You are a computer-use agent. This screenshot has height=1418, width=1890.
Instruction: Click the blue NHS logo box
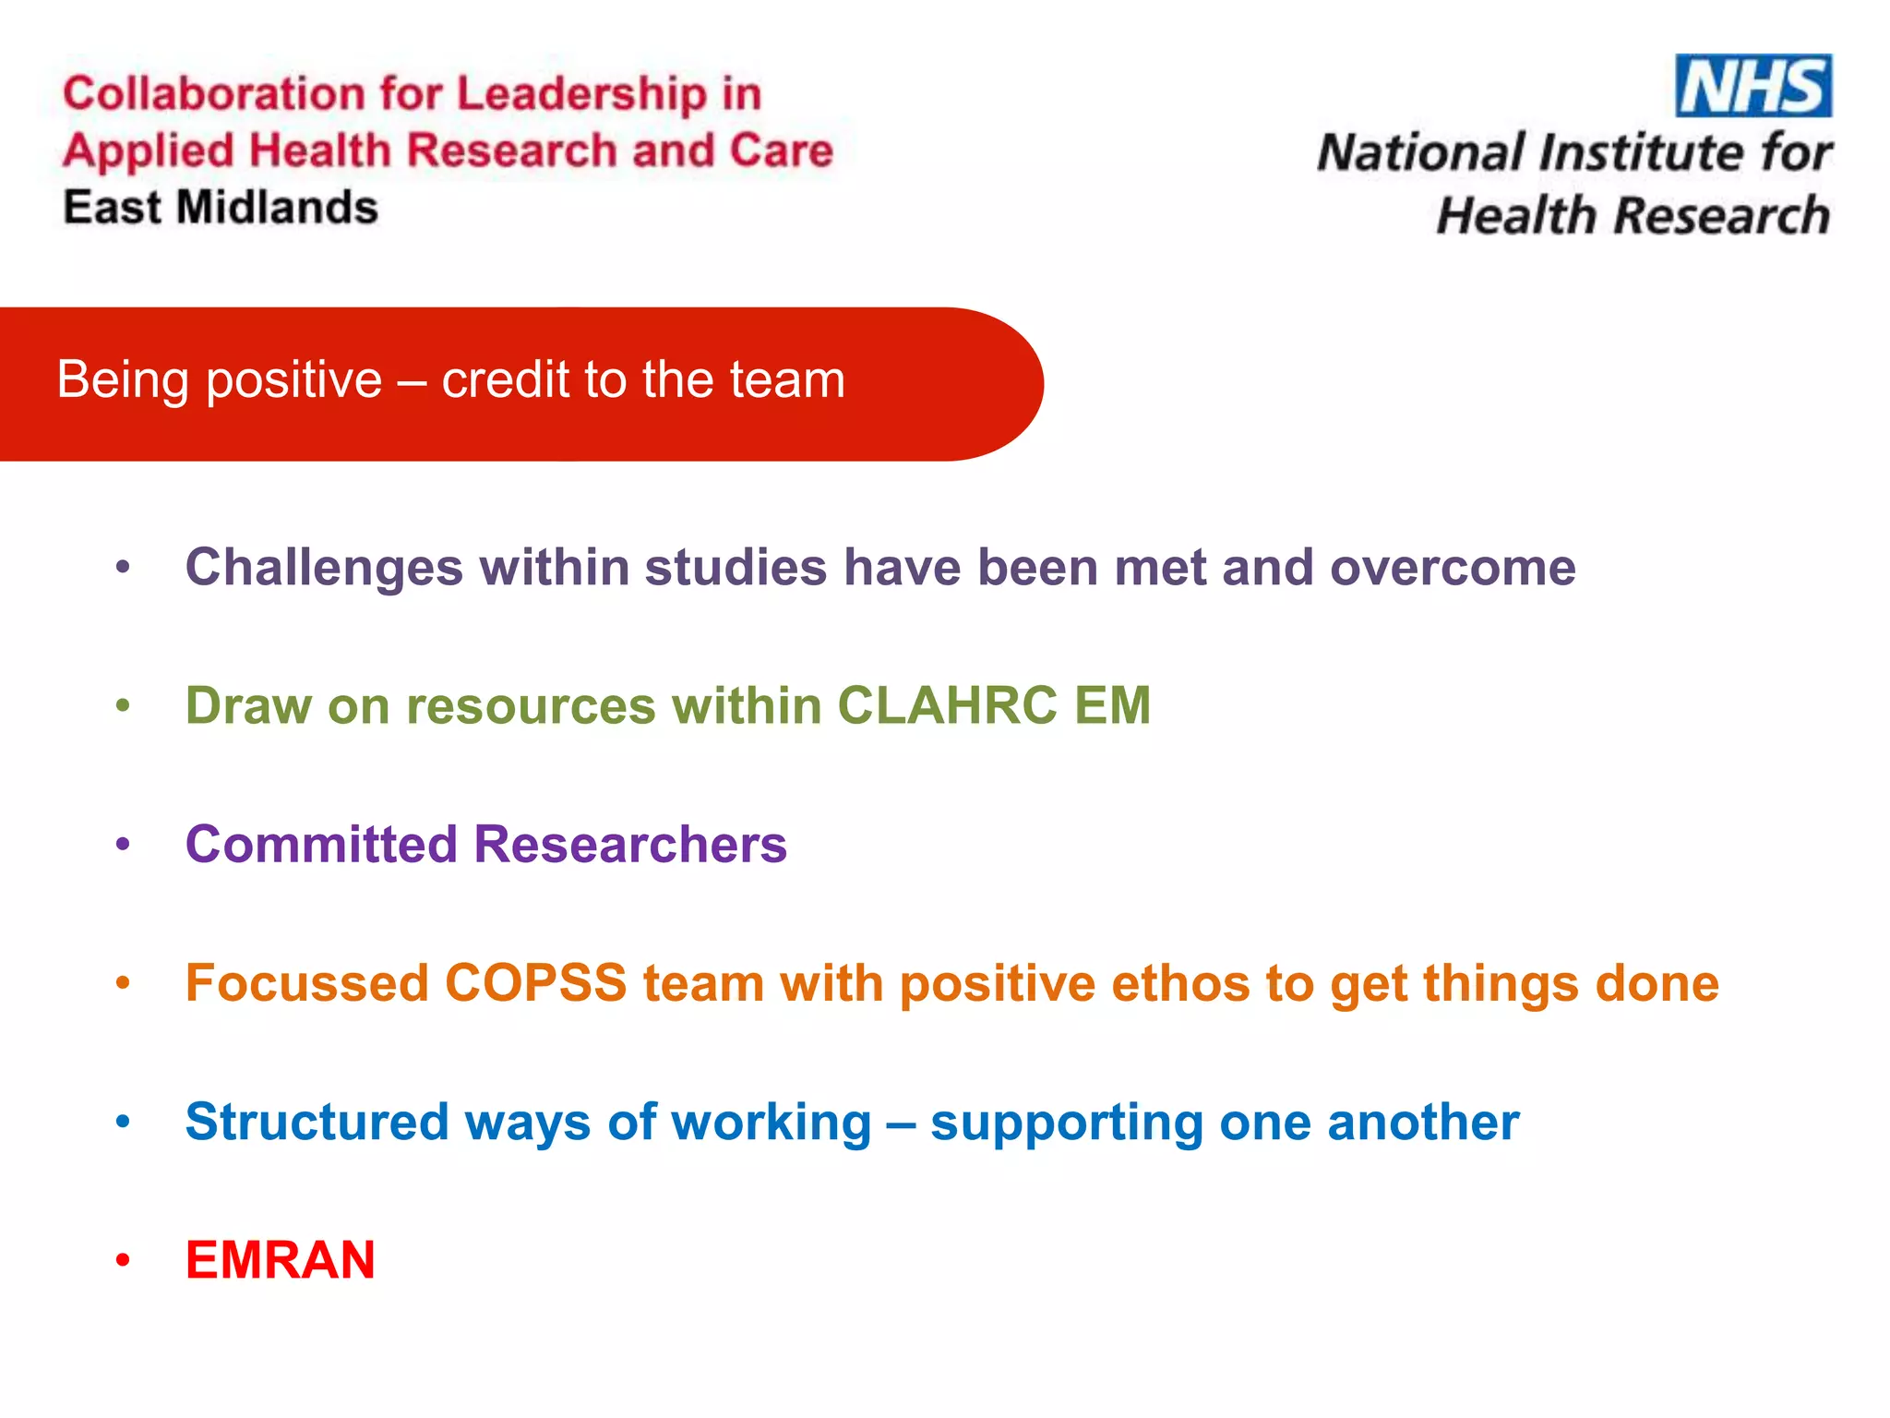[1752, 86]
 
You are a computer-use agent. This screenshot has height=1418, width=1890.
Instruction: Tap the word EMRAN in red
[280, 1259]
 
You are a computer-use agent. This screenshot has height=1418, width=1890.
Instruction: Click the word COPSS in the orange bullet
[536, 982]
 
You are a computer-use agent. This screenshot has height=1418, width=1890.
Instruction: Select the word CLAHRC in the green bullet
[947, 705]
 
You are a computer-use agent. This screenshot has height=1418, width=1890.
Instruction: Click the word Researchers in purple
[630, 844]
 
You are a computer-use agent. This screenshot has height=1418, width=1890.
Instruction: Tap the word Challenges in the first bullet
[324, 567]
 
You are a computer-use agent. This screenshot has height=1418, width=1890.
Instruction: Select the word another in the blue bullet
[1422, 1122]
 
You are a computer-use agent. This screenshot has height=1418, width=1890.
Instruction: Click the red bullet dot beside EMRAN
[123, 1260]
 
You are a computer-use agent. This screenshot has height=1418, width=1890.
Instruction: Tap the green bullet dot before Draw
[123, 706]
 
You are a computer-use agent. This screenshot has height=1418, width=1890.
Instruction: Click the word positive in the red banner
[293, 379]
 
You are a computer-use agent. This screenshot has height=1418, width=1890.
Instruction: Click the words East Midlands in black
[221, 207]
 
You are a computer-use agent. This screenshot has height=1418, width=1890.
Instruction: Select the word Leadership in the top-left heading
[581, 94]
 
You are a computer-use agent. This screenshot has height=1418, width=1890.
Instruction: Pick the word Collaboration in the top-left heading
[214, 94]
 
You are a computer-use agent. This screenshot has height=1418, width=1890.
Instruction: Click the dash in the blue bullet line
[900, 1124]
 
